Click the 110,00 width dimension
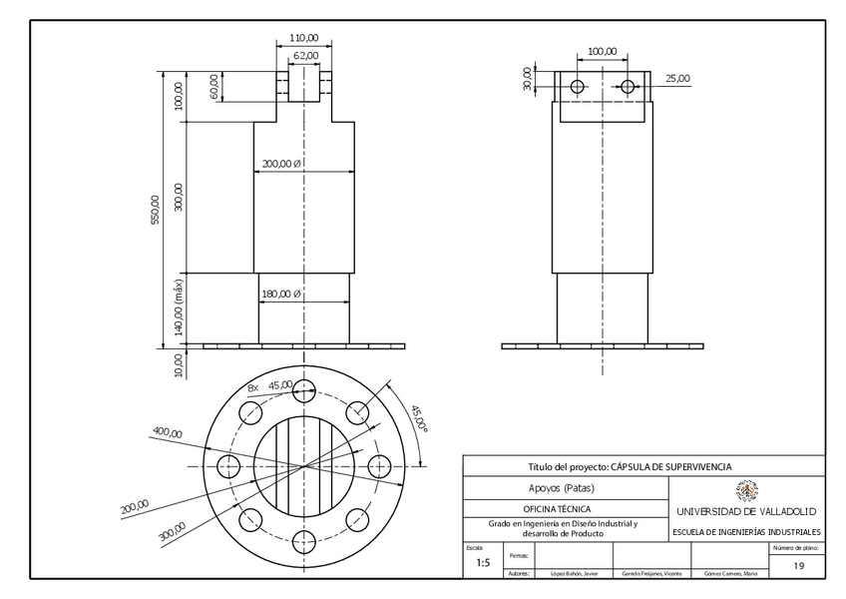pyautogui.click(x=303, y=38)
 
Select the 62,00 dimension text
pyautogui.click(x=306, y=55)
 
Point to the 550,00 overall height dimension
pyautogui.click(x=155, y=210)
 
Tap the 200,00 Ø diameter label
pyautogui.click(x=281, y=164)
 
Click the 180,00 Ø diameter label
pyautogui.click(x=281, y=295)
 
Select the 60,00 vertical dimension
pyautogui.click(x=213, y=86)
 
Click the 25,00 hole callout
pyautogui.click(x=677, y=78)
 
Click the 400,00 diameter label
pyautogui.click(x=167, y=432)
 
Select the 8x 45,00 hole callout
pyautogui.click(x=270, y=385)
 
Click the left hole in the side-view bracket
pyautogui.click(x=577, y=87)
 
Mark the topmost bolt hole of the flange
pyautogui.click(x=303, y=389)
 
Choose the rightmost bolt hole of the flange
pyautogui.click(x=380, y=466)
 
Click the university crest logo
pyautogui.click(x=746, y=489)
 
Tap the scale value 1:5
pyautogui.click(x=483, y=563)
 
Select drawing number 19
pyautogui.click(x=798, y=566)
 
